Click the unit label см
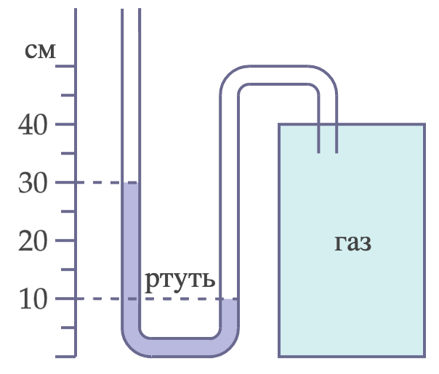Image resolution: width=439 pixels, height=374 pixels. click(x=40, y=51)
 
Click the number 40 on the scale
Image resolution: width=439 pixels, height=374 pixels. click(x=33, y=125)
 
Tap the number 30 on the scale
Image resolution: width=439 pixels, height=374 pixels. click(x=33, y=183)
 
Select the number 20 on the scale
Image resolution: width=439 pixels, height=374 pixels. click(x=33, y=241)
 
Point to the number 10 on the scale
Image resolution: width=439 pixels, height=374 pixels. click(x=33, y=299)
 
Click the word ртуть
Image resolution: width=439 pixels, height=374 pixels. click(x=180, y=281)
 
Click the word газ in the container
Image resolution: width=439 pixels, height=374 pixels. click(x=353, y=243)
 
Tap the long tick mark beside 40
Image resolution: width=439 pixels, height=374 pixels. click(x=65, y=124)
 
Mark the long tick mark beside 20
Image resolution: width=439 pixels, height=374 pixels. click(x=65, y=240)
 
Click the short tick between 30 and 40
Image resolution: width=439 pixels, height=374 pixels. click(x=68, y=153)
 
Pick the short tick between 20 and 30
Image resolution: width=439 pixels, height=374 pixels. click(x=68, y=211)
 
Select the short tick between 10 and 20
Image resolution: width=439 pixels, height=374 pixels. click(x=68, y=269)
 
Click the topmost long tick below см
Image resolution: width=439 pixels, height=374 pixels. click(x=65, y=66)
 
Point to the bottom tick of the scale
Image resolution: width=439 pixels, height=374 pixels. click(x=65, y=357)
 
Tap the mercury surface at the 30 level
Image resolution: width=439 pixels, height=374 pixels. click(x=130, y=183)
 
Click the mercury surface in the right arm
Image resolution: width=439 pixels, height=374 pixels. click(x=229, y=299)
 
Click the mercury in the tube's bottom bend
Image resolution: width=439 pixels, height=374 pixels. click(x=180, y=348)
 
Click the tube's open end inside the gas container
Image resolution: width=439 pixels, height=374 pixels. click(x=328, y=153)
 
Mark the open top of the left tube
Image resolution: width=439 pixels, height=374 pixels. click(x=131, y=9)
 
